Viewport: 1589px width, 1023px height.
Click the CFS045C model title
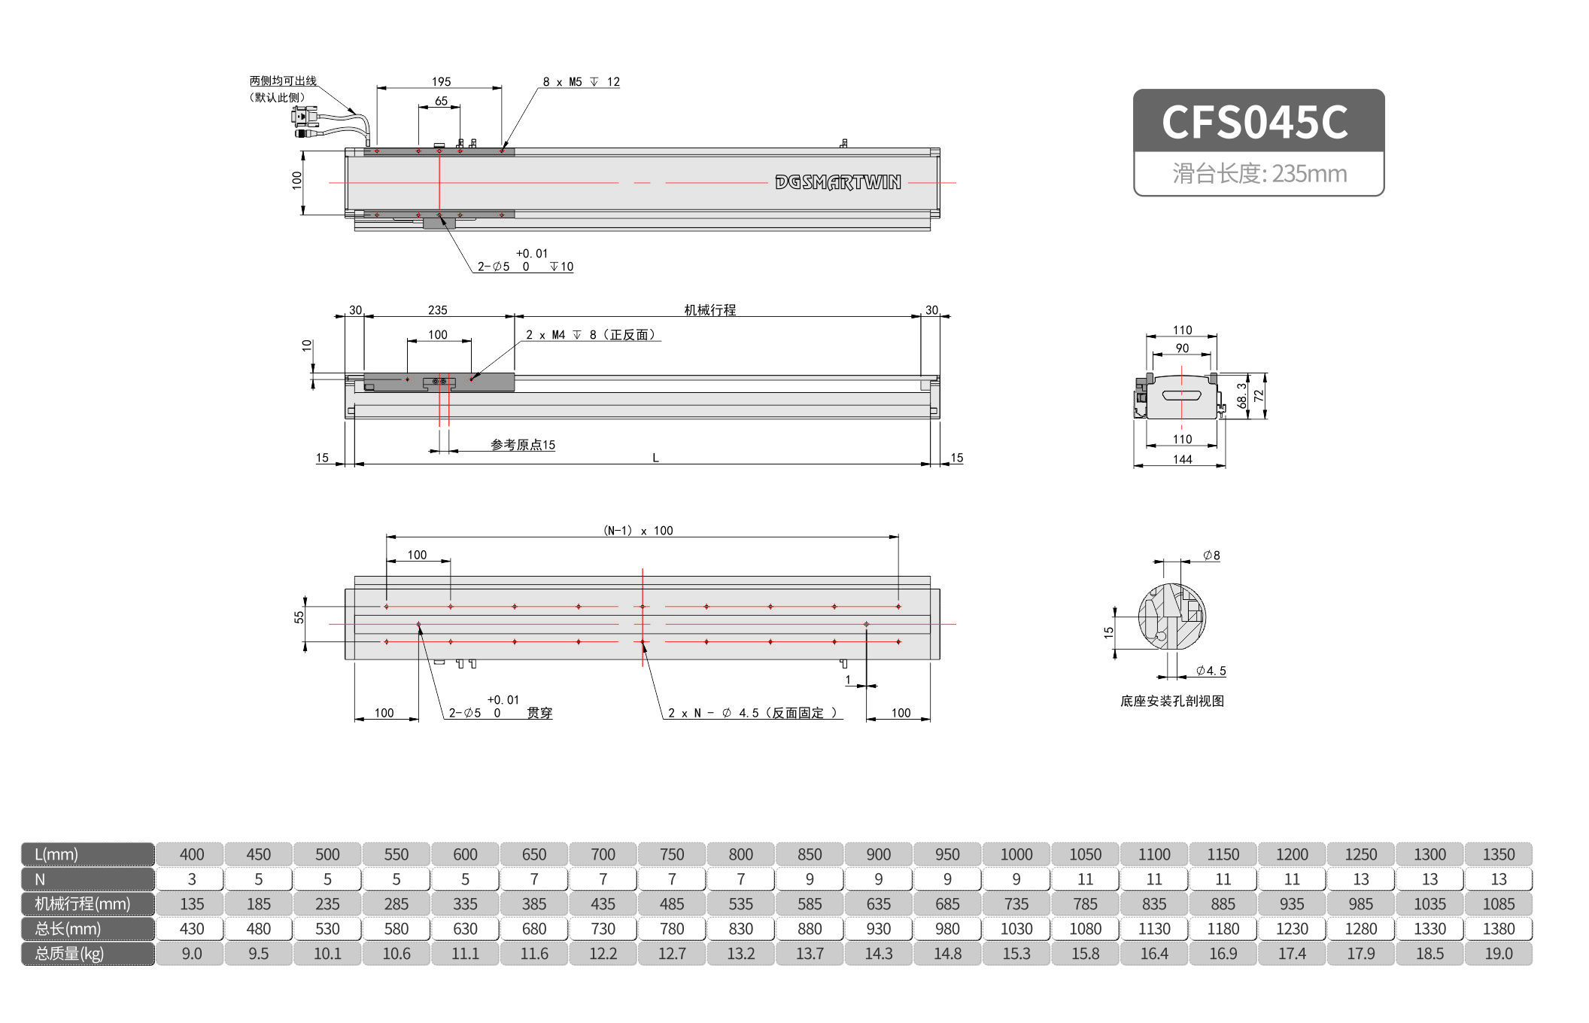[1255, 122]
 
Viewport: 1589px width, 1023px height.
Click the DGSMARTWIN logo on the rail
[837, 182]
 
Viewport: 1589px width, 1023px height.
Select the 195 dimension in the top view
[441, 81]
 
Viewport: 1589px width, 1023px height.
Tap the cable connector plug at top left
[304, 117]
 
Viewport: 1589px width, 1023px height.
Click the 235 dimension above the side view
[437, 310]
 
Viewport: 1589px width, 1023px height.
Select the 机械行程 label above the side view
[709, 310]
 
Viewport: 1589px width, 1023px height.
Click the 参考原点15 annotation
[523, 445]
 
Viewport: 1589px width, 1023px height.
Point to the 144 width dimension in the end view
[1182, 459]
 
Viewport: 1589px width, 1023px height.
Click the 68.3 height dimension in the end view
[1241, 396]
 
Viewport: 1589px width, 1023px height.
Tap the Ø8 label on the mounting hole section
[1211, 556]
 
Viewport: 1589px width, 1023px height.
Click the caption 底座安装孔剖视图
[1171, 701]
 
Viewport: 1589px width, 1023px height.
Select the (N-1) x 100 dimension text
[638, 531]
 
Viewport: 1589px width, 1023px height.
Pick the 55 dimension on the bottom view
[299, 617]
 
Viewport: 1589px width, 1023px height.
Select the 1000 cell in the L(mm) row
[1016, 854]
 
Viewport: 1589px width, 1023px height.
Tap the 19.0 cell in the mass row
[1498, 954]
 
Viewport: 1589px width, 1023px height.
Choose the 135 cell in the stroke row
[192, 904]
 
